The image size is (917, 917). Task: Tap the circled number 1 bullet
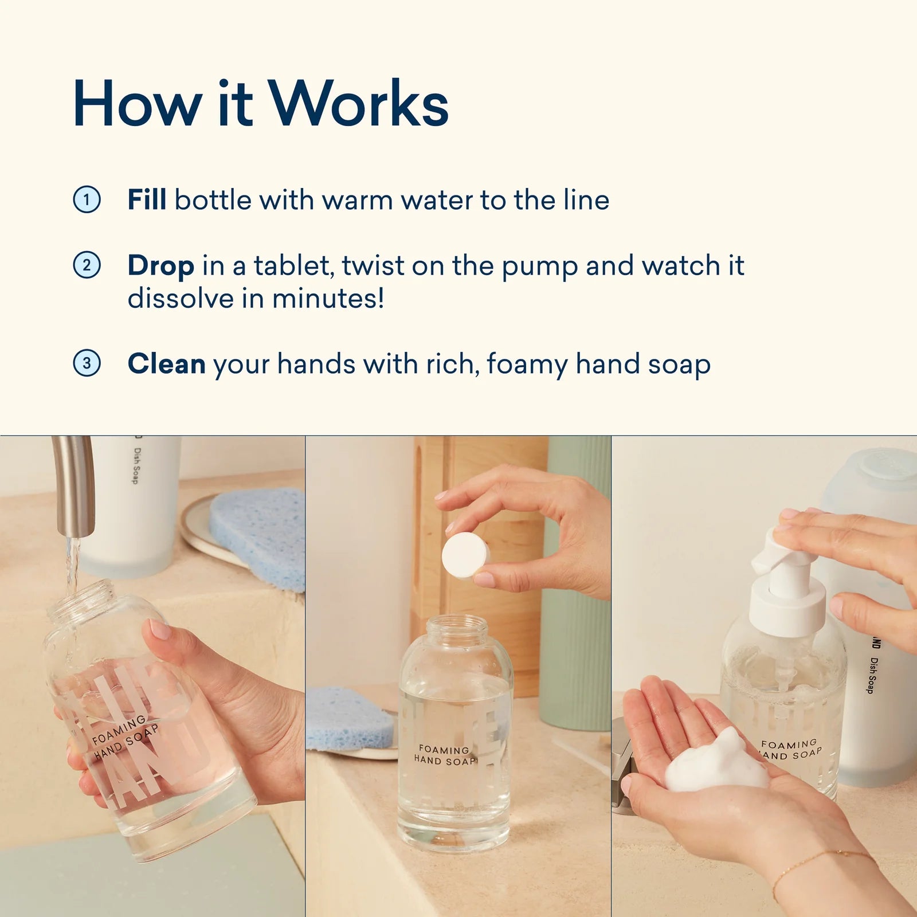(x=87, y=199)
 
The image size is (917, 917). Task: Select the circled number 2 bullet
(x=87, y=265)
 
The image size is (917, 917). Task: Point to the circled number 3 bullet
(x=87, y=363)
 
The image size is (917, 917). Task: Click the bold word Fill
(x=147, y=199)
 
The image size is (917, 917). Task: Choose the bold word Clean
(x=166, y=364)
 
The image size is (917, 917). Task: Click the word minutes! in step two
(x=328, y=299)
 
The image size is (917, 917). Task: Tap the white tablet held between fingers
(x=464, y=555)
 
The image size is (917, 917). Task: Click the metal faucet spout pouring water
(x=75, y=487)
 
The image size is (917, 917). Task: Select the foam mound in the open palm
(x=716, y=762)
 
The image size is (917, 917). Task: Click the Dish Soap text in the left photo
(x=136, y=465)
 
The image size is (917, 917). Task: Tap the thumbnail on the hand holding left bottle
(x=159, y=630)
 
